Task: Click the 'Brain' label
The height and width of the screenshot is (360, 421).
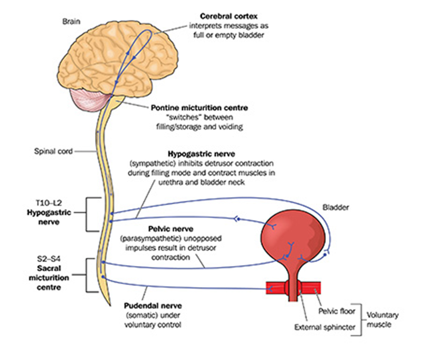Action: (x=71, y=21)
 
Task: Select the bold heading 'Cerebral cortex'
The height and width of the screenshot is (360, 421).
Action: (x=229, y=16)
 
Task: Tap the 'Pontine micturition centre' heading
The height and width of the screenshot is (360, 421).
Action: (x=199, y=108)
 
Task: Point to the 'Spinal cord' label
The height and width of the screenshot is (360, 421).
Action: (x=53, y=151)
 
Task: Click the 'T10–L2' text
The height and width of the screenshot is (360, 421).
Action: (x=48, y=203)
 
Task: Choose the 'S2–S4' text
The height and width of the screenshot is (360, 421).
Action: (x=48, y=259)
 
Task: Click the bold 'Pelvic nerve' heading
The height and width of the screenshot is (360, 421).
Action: (x=171, y=229)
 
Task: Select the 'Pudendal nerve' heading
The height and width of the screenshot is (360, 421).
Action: (x=153, y=306)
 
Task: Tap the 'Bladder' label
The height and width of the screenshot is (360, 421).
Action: (x=336, y=207)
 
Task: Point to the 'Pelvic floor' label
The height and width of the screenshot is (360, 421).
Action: (x=337, y=311)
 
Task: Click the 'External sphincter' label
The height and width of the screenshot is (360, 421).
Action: (x=325, y=327)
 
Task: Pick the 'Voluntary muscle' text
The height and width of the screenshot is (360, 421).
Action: (x=383, y=320)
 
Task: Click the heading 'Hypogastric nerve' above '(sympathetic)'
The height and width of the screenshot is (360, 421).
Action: (x=201, y=154)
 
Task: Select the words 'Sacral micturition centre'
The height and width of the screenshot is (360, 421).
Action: (x=49, y=278)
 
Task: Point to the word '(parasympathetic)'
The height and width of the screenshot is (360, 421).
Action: (x=152, y=238)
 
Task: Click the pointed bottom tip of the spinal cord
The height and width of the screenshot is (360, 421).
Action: (x=110, y=305)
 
